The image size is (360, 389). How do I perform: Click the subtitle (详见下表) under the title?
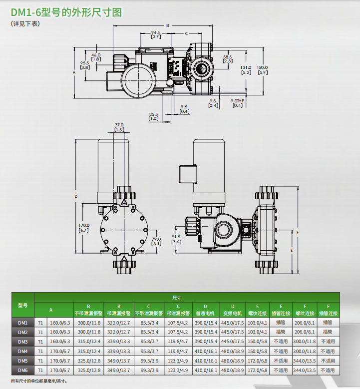click(24, 23)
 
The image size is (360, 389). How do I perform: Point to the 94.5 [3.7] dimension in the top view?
click(156, 34)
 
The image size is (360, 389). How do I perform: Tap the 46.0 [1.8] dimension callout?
click(96, 57)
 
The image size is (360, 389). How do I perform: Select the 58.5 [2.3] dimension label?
click(227, 59)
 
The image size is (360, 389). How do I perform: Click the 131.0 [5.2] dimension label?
click(246, 70)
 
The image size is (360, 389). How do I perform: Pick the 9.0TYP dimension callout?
click(237, 103)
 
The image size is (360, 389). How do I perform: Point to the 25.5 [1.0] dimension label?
click(153, 116)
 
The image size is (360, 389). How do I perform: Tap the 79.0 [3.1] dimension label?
click(156, 242)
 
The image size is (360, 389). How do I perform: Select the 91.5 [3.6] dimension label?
click(175, 239)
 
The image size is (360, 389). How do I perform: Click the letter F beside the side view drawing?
click(297, 232)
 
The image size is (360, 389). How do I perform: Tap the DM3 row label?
click(23, 342)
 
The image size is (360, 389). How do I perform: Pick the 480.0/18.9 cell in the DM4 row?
click(232, 351)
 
